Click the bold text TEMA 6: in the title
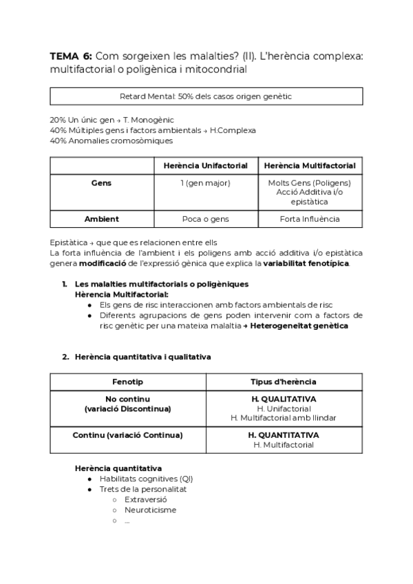pos(71,56)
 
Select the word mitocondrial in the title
pos(217,70)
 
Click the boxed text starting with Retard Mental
pos(206,96)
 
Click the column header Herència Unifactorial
pos(205,166)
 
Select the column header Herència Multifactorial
pos(310,166)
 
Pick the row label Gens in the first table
pos(101,183)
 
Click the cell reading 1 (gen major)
pos(205,183)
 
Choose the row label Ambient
pos(101,219)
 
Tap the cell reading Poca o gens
pos(205,219)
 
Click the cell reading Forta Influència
pos(310,219)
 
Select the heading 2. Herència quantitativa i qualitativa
pos(142,357)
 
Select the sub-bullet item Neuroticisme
pos(150,510)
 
